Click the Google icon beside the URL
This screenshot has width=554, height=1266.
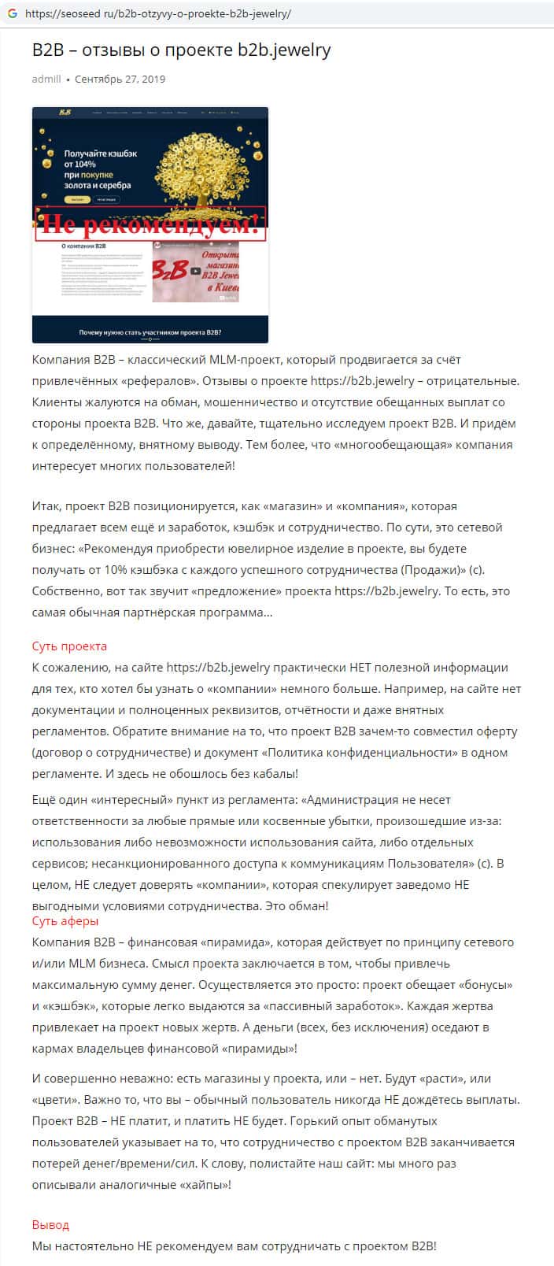(x=13, y=14)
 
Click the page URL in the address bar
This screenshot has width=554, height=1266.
(x=157, y=14)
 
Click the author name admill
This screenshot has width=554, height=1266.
(x=46, y=80)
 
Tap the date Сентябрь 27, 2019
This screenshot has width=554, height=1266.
(x=120, y=80)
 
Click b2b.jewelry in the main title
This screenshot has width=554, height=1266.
(x=284, y=50)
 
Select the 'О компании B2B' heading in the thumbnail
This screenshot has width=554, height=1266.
(x=85, y=246)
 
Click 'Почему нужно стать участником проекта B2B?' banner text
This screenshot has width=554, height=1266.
(x=150, y=331)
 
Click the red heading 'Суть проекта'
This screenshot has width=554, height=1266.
(x=69, y=646)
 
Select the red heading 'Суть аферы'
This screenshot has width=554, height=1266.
(x=65, y=921)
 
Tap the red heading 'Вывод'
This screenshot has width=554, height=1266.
(x=50, y=1225)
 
